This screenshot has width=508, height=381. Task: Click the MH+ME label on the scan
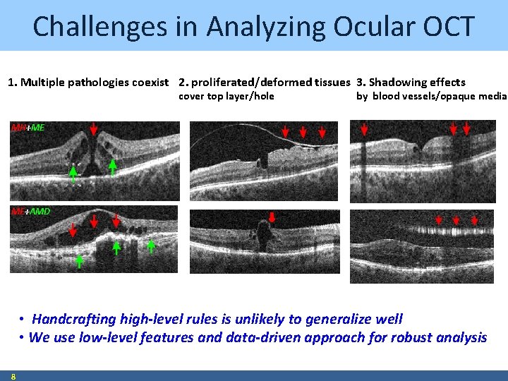[x=28, y=128]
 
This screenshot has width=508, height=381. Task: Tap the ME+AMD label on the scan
[x=30, y=211]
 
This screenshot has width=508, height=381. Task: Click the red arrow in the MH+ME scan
[x=95, y=129]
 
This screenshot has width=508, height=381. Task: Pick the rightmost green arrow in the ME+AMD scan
[x=151, y=246]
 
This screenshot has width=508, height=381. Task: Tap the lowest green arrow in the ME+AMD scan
[x=79, y=261]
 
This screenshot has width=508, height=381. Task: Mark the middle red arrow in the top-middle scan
[x=303, y=132]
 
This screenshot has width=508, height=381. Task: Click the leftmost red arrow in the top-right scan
[x=364, y=129]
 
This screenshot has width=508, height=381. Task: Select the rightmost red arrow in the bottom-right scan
[x=474, y=221]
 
